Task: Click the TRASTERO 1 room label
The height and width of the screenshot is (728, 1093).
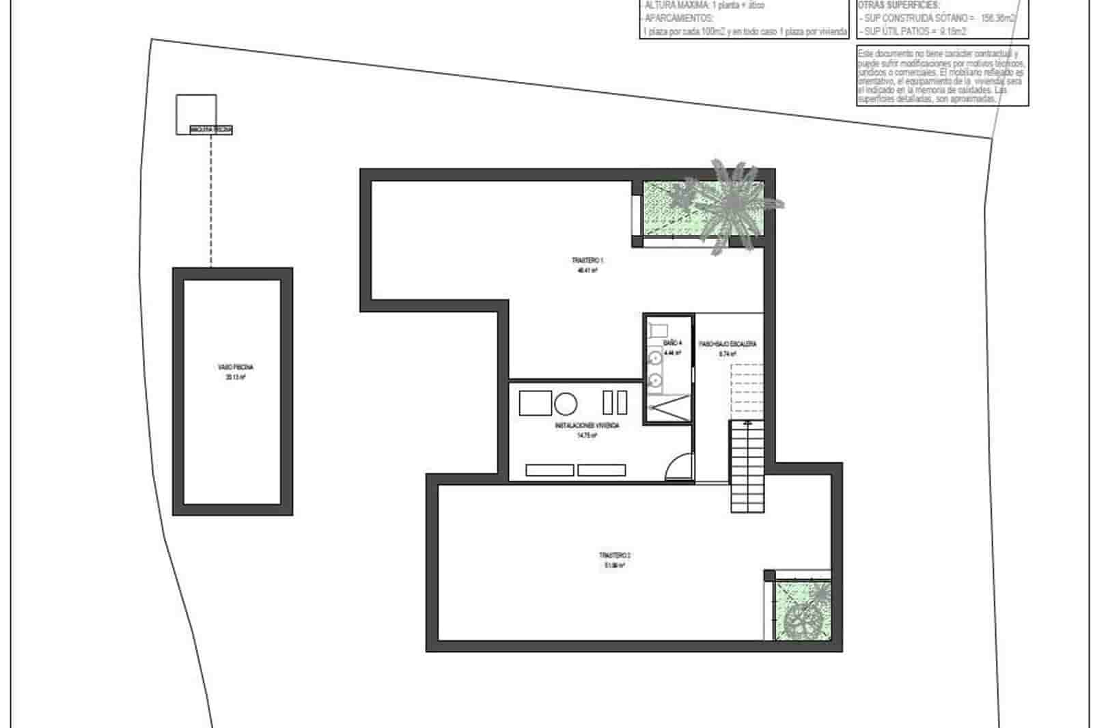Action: [x=587, y=261]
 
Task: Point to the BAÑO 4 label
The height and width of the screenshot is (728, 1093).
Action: [x=672, y=343]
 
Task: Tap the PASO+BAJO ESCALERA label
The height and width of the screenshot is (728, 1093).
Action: [x=727, y=344]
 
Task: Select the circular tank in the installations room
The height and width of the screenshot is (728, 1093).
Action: [x=566, y=404]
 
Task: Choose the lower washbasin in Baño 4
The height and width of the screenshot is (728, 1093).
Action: [x=655, y=380]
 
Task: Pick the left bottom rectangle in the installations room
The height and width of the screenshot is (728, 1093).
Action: [x=549, y=470]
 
